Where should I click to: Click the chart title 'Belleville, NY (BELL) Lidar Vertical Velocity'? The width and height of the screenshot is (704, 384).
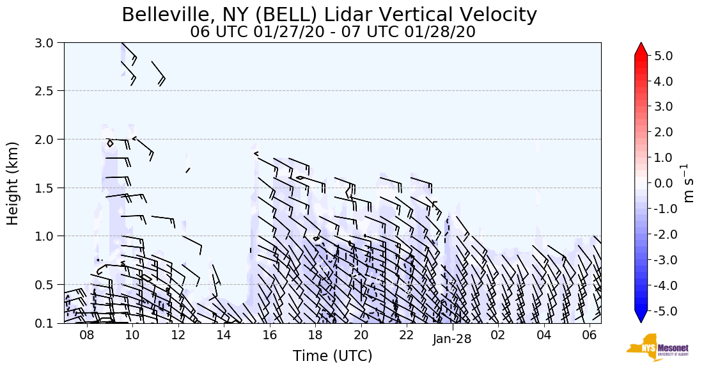coord(329,15)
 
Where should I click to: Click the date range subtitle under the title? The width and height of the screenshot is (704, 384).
coord(332,32)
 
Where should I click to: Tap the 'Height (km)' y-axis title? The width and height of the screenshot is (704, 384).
coord(13,183)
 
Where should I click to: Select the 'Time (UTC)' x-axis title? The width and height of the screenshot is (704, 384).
coord(332,356)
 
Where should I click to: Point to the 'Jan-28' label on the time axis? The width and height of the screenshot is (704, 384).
coord(452,339)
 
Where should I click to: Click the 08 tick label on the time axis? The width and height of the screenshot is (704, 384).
coord(87,335)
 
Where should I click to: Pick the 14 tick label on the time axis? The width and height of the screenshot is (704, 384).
coord(224,335)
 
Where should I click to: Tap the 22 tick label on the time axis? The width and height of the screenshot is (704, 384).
coord(407,335)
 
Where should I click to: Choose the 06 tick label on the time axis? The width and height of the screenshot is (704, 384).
coord(590,335)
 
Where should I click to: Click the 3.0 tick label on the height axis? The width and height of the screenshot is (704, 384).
coord(48,43)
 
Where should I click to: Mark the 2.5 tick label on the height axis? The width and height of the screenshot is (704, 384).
coord(48,91)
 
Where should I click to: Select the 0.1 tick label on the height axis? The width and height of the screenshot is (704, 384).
coord(48,323)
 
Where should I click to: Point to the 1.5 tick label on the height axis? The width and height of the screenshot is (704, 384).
coord(48,188)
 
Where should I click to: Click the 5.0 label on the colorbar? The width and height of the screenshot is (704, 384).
coord(664,56)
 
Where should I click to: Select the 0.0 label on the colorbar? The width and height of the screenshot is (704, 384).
coord(664,183)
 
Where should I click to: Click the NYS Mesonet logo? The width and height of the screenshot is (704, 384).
coord(658,348)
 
